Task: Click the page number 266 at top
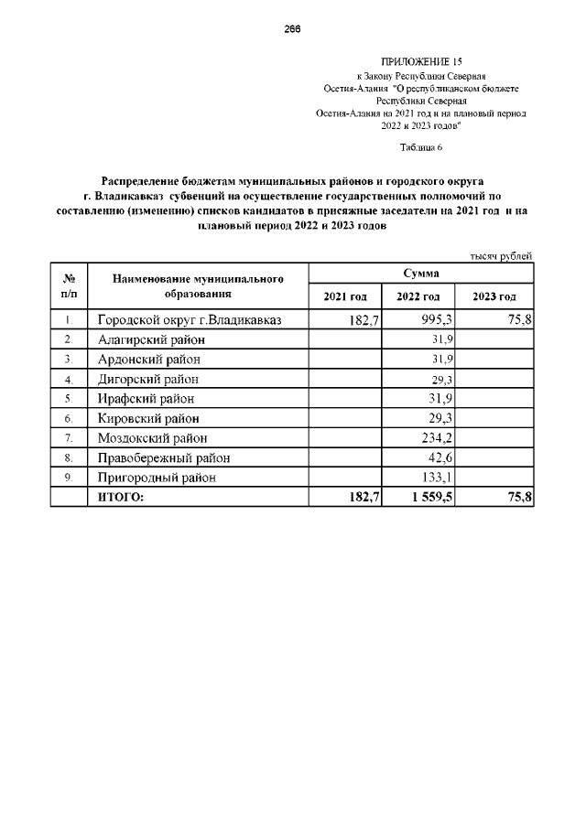[292, 28]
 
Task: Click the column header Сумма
[420, 274]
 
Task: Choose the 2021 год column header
[345, 297]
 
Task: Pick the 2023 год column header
[494, 297]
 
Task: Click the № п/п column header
[69, 285]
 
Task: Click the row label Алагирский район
[152, 339]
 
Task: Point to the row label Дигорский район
[147, 379]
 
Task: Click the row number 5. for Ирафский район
[69, 399]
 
